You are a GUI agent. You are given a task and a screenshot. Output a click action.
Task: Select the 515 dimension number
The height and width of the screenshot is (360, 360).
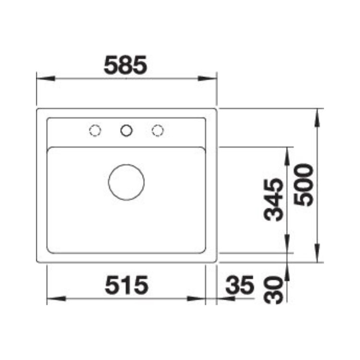(x=126, y=287)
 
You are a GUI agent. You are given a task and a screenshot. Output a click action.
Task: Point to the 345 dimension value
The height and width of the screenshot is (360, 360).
(x=274, y=199)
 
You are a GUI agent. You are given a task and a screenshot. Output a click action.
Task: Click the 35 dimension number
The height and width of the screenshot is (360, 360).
(x=239, y=287)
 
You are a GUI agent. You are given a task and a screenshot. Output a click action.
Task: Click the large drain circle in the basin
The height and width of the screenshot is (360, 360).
(x=126, y=182)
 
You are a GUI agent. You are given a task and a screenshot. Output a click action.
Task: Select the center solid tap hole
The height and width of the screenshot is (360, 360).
(x=126, y=130)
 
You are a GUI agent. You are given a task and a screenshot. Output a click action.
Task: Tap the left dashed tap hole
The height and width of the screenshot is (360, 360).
(x=95, y=130)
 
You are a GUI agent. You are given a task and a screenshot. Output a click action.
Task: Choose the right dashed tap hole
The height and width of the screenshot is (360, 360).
(x=157, y=130)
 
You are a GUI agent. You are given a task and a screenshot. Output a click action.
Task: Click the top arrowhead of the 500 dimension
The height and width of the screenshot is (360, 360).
(x=318, y=117)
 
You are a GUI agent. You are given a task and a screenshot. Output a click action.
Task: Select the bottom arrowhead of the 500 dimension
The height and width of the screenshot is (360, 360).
(x=318, y=253)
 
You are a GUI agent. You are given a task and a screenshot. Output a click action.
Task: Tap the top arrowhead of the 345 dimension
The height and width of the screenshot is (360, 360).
(x=287, y=155)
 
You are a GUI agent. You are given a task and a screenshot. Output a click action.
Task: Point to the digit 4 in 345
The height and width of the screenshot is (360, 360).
(x=274, y=199)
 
